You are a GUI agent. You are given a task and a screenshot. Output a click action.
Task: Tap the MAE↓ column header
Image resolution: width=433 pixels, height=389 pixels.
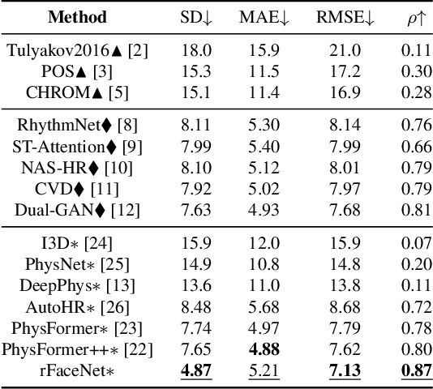tap(265, 17)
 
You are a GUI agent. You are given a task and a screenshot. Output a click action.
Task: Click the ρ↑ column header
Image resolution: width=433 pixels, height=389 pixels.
tap(408, 17)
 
